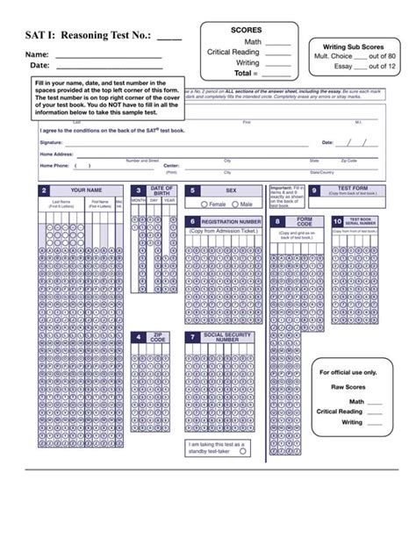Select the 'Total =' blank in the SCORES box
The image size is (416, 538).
(x=277, y=75)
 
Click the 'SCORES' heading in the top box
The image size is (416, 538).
(x=247, y=29)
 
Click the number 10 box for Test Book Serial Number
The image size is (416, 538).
(x=339, y=223)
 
